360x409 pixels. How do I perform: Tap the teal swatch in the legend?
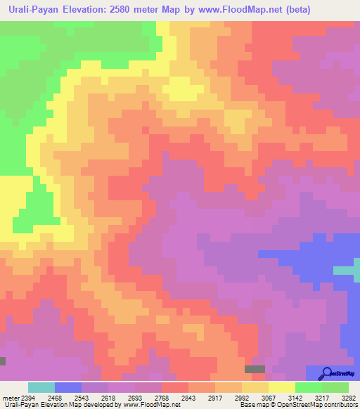(41, 387)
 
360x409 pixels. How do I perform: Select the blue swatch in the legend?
(68, 387)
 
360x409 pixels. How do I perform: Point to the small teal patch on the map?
(344, 271)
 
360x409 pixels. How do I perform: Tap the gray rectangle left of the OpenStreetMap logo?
(255, 369)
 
